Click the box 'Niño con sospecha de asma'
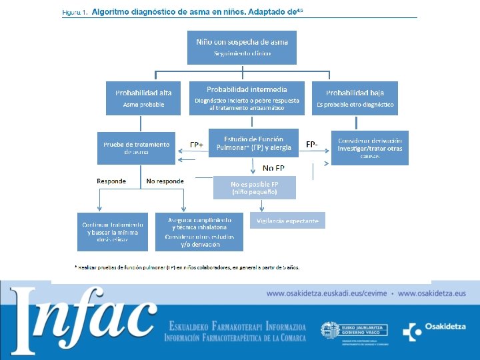[x=242, y=47]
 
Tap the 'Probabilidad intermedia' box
[x=247, y=97]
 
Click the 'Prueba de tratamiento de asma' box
[x=137, y=147]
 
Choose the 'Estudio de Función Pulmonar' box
[x=249, y=143]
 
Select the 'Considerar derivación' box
[x=371, y=147]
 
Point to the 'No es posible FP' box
[x=254, y=187]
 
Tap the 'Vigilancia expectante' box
[x=288, y=221]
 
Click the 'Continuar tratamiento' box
[x=113, y=231]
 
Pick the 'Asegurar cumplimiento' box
[x=199, y=231]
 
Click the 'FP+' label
[x=197, y=145]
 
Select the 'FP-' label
[x=311, y=144]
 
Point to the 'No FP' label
[x=273, y=168]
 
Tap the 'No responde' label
[x=165, y=181]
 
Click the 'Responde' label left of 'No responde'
[x=111, y=181]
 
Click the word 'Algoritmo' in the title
[x=114, y=11]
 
